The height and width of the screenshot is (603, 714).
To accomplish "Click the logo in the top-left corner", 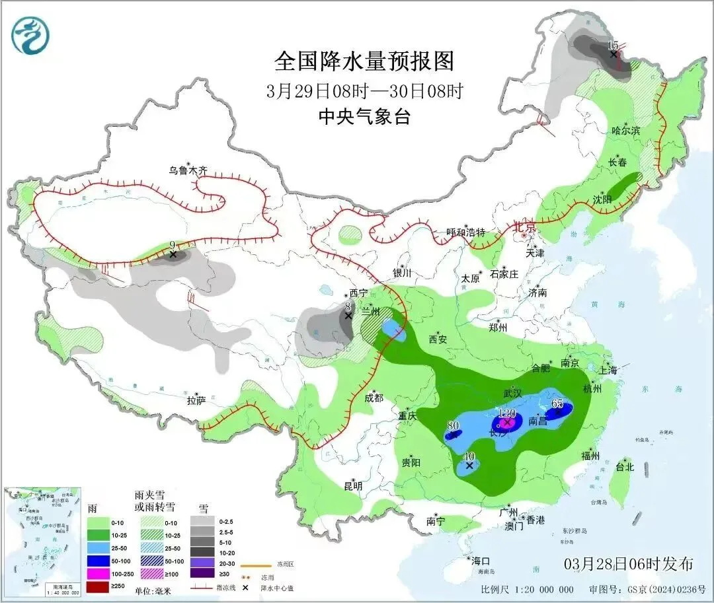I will tap(30, 35).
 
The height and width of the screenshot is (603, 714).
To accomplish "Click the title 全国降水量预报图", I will tap(364, 61).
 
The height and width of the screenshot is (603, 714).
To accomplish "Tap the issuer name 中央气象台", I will tap(364, 117).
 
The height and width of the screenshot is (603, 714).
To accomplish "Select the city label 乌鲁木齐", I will tap(187, 171).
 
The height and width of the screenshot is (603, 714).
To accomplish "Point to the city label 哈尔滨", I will tap(625, 131).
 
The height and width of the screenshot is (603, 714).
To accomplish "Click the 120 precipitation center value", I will tap(506, 413).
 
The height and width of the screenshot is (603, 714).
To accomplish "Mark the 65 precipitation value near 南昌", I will tap(557, 404).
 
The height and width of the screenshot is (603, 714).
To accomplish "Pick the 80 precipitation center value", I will tap(453, 425).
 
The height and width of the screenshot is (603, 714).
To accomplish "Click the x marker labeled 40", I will tap(469, 466).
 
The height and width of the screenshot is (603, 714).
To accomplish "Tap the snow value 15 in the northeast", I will tap(613, 45).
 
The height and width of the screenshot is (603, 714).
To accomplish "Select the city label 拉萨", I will tap(196, 400).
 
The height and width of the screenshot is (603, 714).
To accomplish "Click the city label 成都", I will tap(374, 398).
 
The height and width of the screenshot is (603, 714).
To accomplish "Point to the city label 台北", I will tap(625, 467).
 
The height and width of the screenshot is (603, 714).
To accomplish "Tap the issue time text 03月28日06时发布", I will tap(629, 564).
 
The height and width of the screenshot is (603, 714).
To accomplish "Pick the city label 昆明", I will tap(353, 486).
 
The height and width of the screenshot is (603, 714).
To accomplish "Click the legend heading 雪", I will tap(204, 509).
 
